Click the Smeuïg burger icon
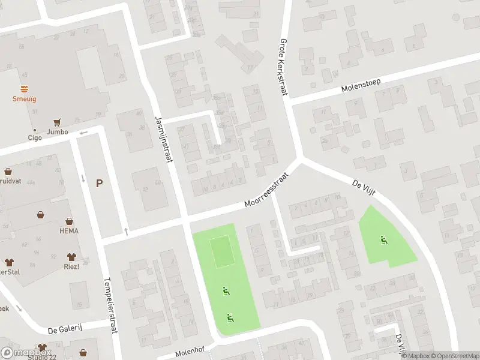point(25,88)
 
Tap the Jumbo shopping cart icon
point(58,122)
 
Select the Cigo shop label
point(35,137)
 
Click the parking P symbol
point(99,184)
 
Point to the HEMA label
point(69,231)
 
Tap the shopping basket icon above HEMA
point(70,221)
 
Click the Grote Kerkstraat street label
point(283,67)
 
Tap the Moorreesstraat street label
point(267,191)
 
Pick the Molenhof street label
point(191,352)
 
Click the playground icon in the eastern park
point(383,241)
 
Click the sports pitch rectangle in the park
point(222,252)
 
